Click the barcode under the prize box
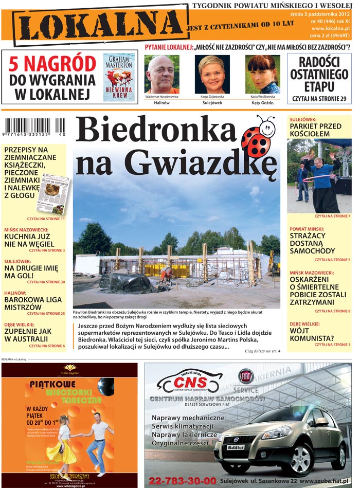pos(34,127)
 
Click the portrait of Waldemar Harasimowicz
pos(162,74)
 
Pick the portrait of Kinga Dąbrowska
pos(212,74)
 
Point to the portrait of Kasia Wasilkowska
pos(262,74)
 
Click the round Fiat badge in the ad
pos(245,376)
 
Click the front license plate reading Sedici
pos(236,447)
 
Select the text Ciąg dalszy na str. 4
pos(262,351)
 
